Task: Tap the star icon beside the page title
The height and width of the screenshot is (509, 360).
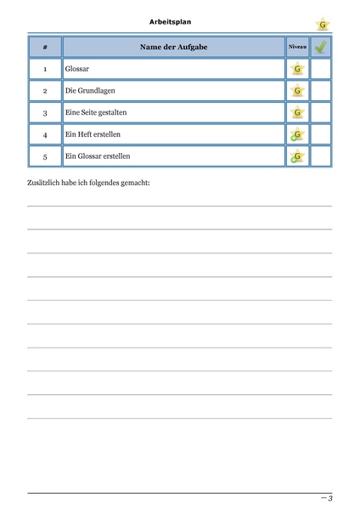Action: tap(322, 25)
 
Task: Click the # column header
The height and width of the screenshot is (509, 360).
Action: tap(44, 47)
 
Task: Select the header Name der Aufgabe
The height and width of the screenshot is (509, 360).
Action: tap(173, 47)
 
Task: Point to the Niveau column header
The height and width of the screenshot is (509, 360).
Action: tap(297, 47)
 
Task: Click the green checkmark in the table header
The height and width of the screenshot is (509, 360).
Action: tap(320, 47)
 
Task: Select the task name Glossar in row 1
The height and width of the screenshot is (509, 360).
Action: tap(77, 69)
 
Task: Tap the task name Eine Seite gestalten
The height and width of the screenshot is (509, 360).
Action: tap(96, 113)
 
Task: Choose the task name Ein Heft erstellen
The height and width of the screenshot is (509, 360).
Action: tap(92, 135)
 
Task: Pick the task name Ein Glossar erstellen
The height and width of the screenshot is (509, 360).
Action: tap(98, 156)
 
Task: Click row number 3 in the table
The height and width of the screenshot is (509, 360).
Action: tap(44, 113)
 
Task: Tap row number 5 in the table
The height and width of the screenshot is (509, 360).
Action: tap(44, 156)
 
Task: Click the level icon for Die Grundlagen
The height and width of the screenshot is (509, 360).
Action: tap(297, 91)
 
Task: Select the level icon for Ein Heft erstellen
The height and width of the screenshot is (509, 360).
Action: tap(296, 135)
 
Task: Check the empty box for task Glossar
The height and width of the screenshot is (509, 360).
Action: tap(320, 69)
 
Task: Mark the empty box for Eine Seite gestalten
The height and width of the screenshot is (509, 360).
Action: tap(320, 113)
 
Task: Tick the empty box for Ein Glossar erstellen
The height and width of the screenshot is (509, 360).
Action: tap(320, 156)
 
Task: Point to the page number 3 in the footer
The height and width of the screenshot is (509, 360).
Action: tap(329, 498)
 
